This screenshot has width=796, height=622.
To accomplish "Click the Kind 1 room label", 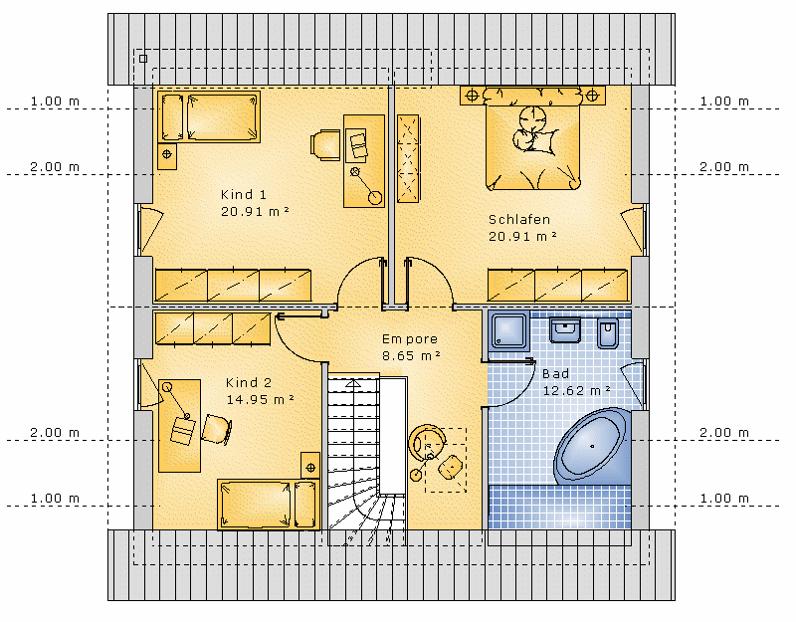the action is click(243, 194).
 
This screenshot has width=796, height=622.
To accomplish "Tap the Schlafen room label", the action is click(519, 219).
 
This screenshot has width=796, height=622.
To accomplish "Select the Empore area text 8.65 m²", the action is click(411, 355).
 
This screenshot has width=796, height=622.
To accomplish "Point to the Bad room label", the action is click(555, 374).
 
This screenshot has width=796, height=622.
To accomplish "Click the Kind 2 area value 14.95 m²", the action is click(260, 400).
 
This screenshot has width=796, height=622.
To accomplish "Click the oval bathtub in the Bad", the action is click(592, 446).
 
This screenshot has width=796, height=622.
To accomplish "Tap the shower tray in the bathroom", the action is click(509, 331).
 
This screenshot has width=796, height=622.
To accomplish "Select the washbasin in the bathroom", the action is click(565, 330).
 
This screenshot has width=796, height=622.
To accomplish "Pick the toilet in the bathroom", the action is click(608, 333).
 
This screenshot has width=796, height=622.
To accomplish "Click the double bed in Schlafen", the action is click(532, 139).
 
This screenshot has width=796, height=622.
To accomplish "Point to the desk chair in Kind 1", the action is click(325, 145).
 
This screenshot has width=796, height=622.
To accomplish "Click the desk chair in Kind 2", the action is click(217, 429).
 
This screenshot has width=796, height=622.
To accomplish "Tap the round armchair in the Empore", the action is click(428, 442).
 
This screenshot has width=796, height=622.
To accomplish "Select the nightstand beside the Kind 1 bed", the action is click(167, 156).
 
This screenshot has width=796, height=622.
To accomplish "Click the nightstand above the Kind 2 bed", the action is click(310, 466).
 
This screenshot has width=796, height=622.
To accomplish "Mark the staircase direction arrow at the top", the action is click(353, 383).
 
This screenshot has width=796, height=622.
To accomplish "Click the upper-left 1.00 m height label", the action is click(55, 102).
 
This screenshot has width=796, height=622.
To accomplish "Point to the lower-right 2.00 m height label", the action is click(724, 433).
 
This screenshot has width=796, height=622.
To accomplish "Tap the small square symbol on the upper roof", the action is click(143, 59).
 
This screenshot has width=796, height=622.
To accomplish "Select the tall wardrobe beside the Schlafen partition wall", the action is click(408, 158).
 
